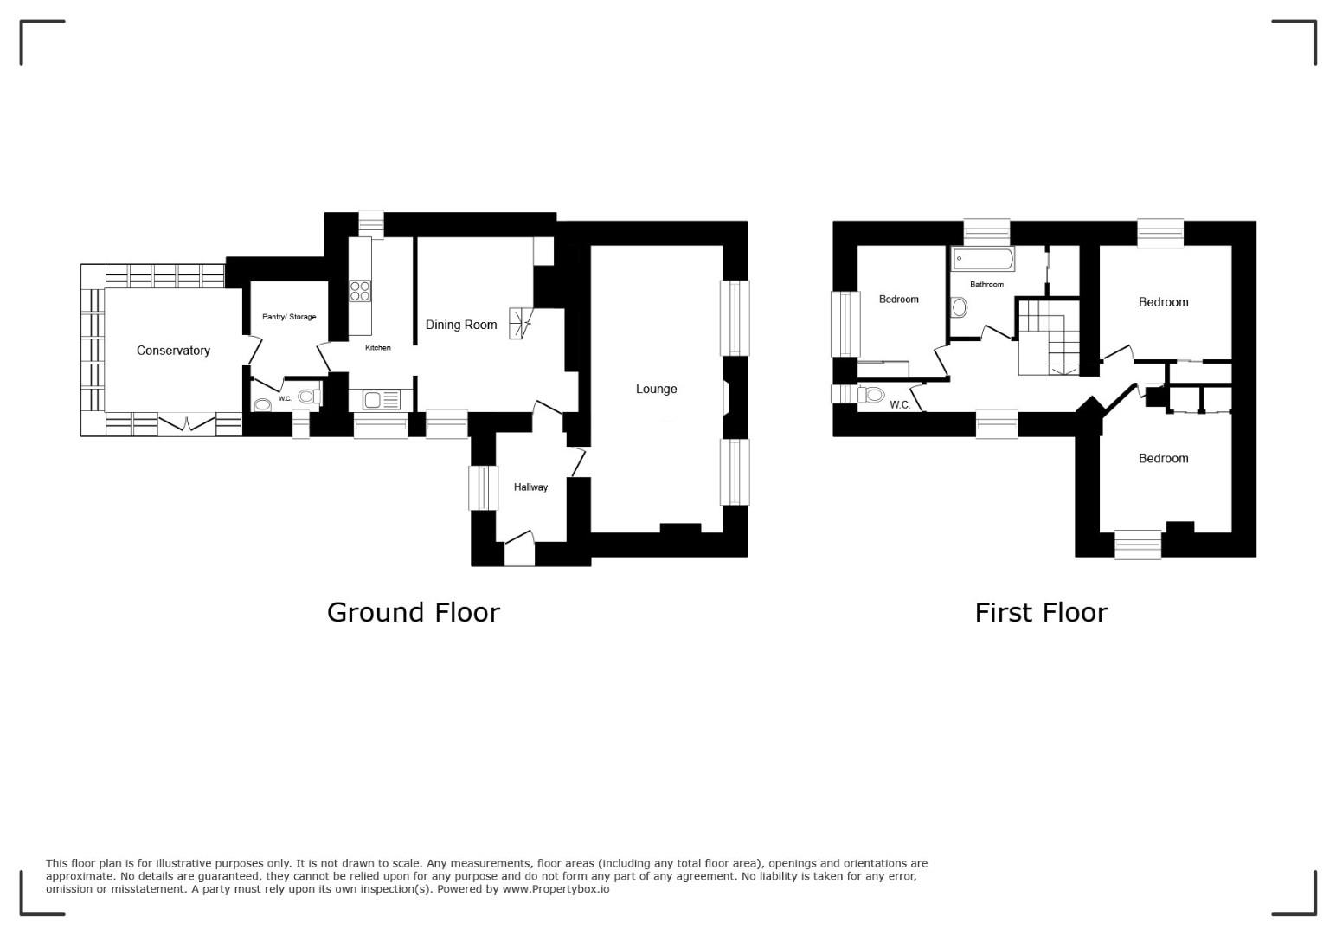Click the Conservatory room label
coord(173,351)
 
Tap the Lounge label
coord(656,389)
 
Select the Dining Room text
coord(461,325)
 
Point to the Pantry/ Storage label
coord(289,317)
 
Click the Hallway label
coord(530,487)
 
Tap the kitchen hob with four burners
coord(360,291)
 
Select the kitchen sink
coord(382,399)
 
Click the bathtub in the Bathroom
coord(982,260)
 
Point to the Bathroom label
coord(986,284)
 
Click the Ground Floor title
coord(414,613)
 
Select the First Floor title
coord(1041,613)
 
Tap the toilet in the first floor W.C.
coord(871,395)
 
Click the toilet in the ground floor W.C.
coord(308,396)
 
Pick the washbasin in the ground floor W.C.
coord(262,405)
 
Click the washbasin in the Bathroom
coord(959,307)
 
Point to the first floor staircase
coord(1049,338)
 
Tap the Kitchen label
coord(377,347)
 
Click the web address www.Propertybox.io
coord(556,888)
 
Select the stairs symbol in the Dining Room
coord(520,324)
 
